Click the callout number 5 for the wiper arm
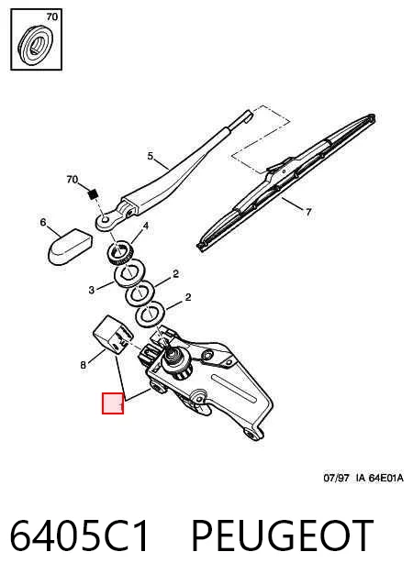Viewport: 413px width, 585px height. click(x=151, y=156)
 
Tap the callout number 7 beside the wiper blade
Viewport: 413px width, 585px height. click(x=308, y=212)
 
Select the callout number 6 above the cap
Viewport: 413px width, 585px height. click(x=43, y=223)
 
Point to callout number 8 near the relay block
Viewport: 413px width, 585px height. click(x=83, y=365)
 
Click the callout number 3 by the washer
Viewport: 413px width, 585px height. click(x=92, y=290)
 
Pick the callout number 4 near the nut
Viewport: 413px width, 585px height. click(x=146, y=226)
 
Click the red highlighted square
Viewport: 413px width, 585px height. click(x=113, y=403)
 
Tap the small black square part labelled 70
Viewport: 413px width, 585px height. click(x=93, y=194)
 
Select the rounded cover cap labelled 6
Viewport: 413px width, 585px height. click(x=70, y=247)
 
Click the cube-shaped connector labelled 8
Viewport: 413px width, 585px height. click(x=112, y=334)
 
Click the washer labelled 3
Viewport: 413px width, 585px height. click(x=129, y=273)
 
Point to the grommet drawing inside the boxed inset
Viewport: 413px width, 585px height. click(x=36, y=45)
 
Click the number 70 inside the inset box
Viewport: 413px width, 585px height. click(x=52, y=17)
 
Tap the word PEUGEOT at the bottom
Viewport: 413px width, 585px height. click(x=283, y=535)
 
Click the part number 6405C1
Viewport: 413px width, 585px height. click(x=79, y=535)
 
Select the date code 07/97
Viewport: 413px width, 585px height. click(x=336, y=478)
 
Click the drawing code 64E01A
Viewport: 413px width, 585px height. click(x=386, y=478)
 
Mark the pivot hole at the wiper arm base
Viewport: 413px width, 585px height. click(x=105, y=219)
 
